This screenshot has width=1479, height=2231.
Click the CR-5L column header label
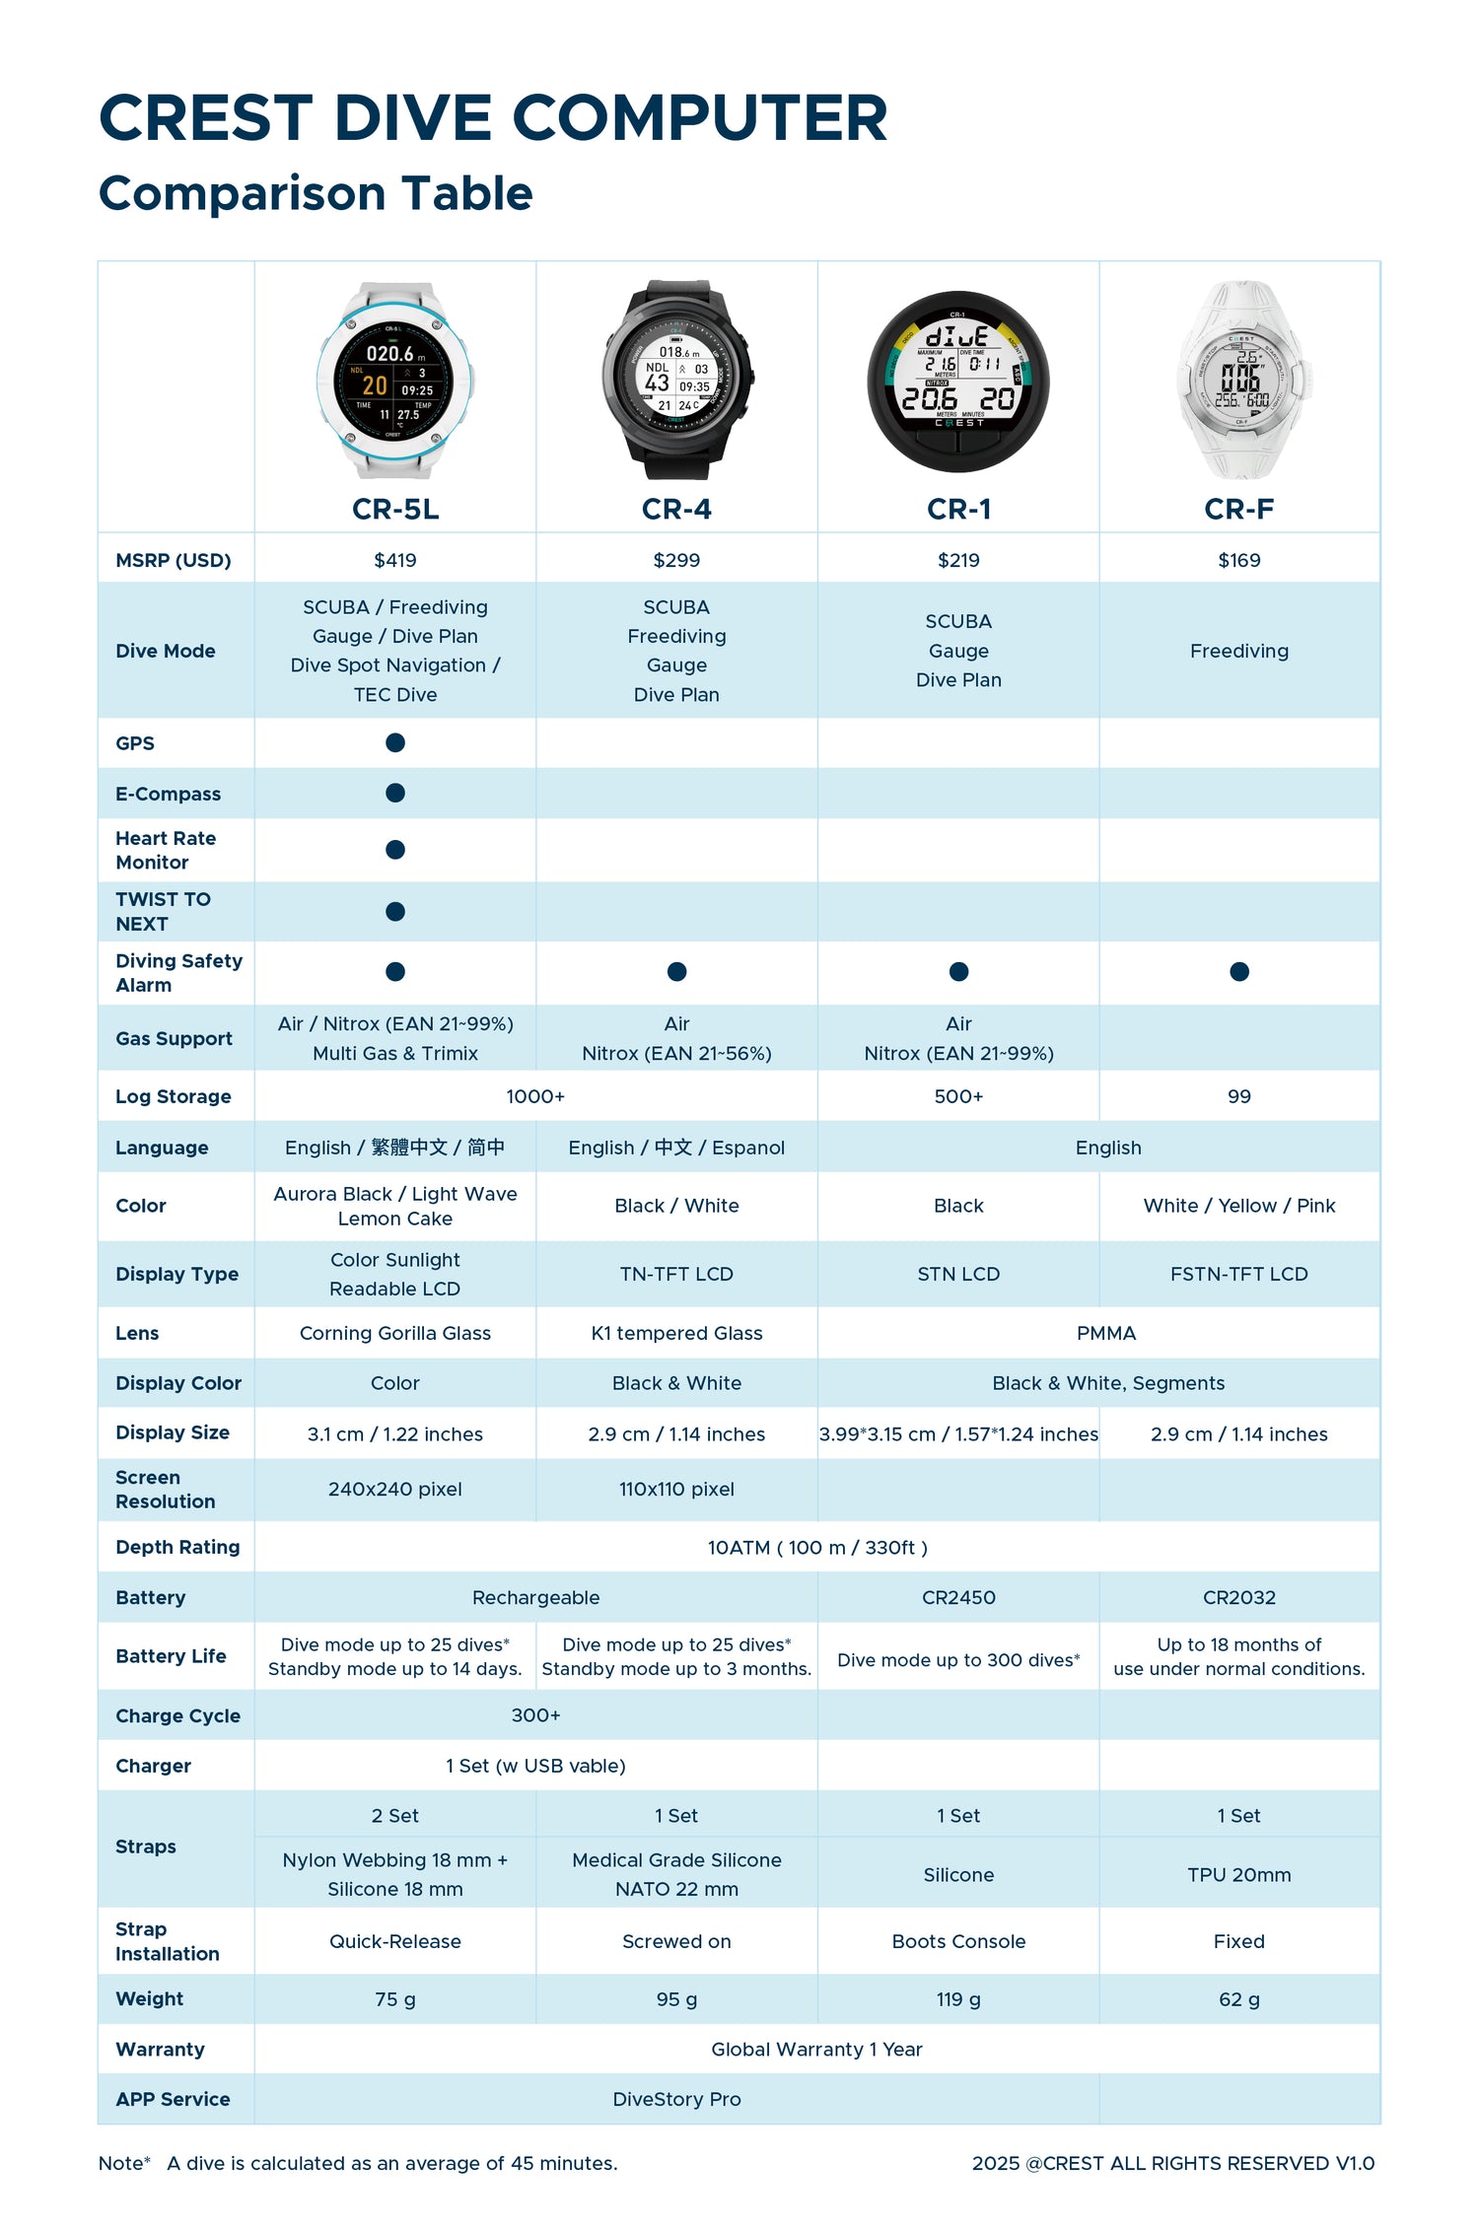pos(395,509)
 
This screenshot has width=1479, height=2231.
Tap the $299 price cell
pos(676,560)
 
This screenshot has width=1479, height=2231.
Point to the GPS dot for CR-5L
pos(395,742)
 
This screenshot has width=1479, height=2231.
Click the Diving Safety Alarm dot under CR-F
pos(1239,972)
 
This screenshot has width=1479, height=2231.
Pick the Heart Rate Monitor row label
pos(166,850)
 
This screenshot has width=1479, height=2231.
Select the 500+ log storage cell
pos(958,1096)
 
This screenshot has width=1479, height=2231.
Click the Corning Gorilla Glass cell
pos(395,1333)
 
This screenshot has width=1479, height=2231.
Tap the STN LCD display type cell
pos(958,1274)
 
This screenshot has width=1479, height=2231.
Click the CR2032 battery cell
pos(1239,1597)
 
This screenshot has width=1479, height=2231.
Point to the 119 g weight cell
pos(958,1999)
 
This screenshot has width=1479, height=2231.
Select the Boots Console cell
pos(958,1941)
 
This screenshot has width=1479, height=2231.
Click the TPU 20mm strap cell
pos(1239,1875)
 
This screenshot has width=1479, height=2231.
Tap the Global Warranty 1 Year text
pos(816,2050)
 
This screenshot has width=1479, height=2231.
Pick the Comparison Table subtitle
pos(316,193)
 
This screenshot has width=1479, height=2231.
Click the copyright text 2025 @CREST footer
pos(1172,2163)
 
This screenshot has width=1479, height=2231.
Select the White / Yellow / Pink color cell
pos(1239,1206)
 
